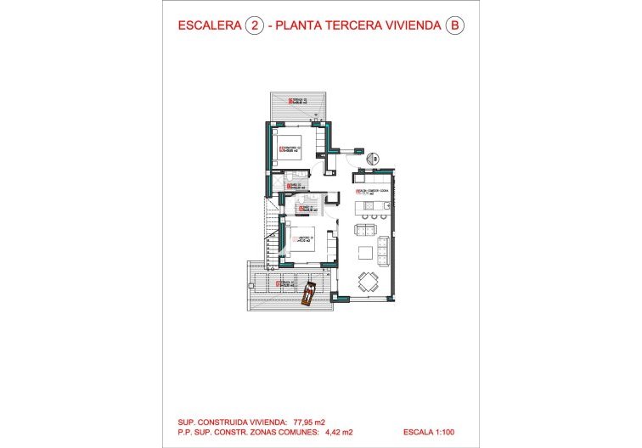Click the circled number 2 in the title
pos(252,25)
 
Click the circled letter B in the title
pos(455,25)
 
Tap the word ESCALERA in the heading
pos(207,25)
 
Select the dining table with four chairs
pos(369,281)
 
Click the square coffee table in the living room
pos(365,252)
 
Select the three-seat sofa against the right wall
pos(383,249)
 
